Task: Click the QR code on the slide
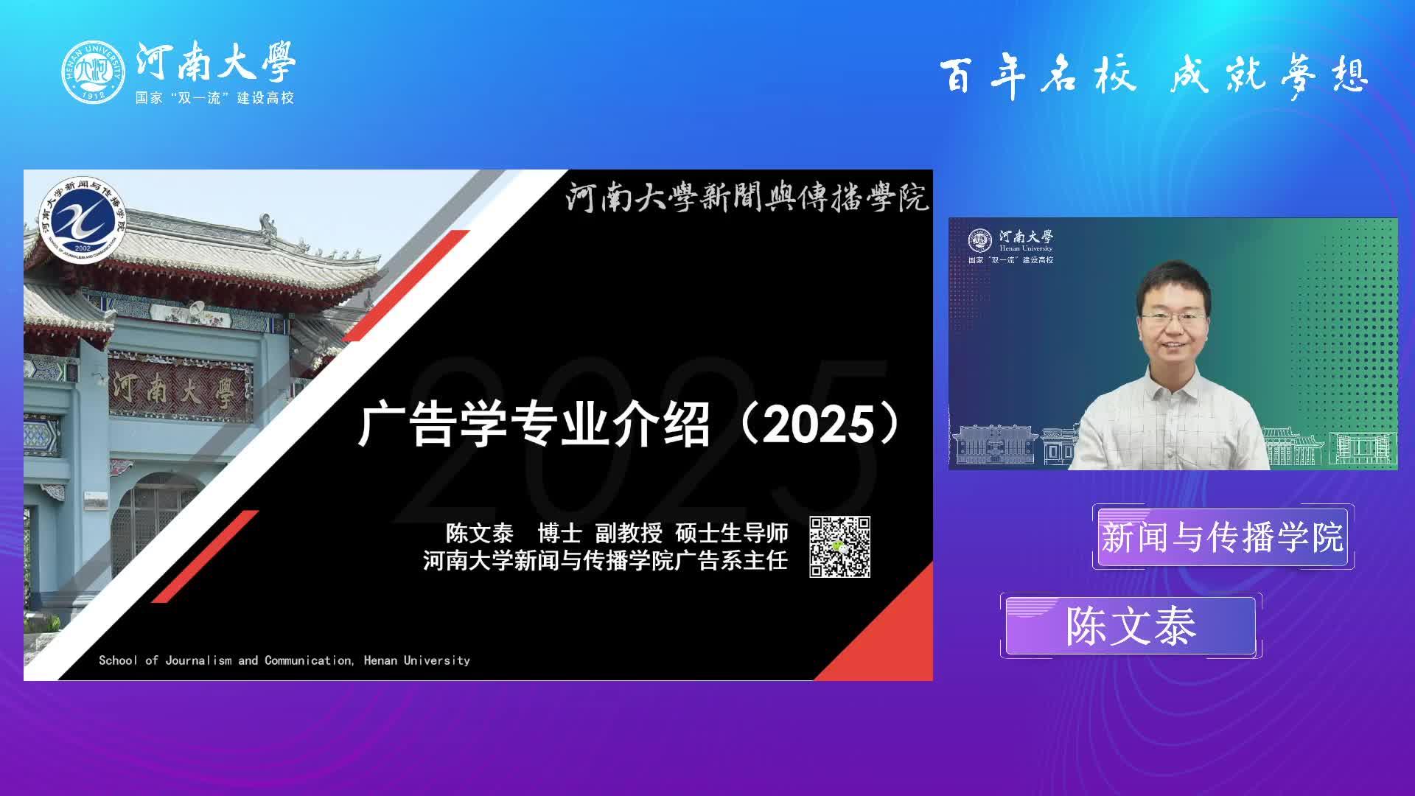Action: pyautogui.click(x=840, y=546)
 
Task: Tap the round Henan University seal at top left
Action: pyautogui.click(x=94, y=72)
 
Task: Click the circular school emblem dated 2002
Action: pyautogui.click(x=83, y=220)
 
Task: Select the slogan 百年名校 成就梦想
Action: pyautogui.click(x=1153, y=76)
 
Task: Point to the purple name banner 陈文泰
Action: pyautogui.click(x=1131, y=626)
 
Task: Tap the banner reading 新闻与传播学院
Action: pyautogui.click(x=1223, y=537)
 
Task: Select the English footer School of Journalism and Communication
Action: pyautogui.click(x=284, y=660)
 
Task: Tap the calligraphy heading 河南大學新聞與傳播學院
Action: pyautogui.click(x=747, y=198)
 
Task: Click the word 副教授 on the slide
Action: pyautogui.click(x=629, y=533)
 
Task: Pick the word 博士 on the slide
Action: pyautogui.click(x=559, y=533)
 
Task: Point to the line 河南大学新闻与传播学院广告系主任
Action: pyautogui.click(x=605, y=560)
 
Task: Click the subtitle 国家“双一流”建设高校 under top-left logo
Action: pyautogui.click(x=214, y=98)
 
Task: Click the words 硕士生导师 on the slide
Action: pyautogui.click(x=732, y=533)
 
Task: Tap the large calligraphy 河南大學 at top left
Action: pyautogui.click(x=215, y=62)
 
